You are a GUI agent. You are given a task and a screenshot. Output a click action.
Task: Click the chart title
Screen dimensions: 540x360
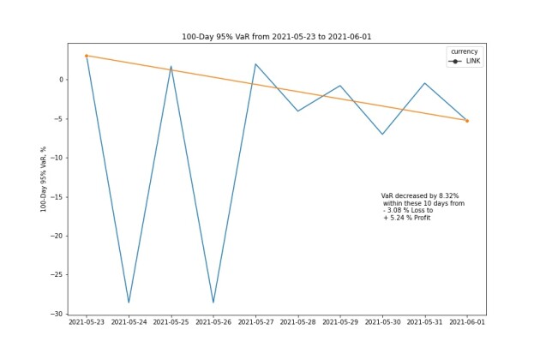[277, 37]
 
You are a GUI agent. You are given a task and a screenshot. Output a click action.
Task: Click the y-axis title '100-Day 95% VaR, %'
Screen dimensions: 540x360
[44, 179]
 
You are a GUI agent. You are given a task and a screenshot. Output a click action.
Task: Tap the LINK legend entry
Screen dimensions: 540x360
[465, 62]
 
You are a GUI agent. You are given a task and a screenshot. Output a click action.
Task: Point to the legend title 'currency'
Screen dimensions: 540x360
[465, 51]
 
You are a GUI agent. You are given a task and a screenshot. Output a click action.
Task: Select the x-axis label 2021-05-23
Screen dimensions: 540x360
[87, 322]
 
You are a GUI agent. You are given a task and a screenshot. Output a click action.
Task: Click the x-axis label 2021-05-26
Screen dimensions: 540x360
[213, 322]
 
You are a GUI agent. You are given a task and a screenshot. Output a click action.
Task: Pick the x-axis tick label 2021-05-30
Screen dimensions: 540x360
[382, 322]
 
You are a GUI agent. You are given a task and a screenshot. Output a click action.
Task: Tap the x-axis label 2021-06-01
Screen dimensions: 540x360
[467, 322]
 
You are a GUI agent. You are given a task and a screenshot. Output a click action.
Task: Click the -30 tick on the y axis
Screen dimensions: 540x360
[57, 314]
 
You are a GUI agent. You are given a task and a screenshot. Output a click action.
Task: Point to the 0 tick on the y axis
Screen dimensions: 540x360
[62, 80]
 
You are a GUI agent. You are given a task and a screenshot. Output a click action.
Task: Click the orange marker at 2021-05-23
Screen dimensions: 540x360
[87, 56]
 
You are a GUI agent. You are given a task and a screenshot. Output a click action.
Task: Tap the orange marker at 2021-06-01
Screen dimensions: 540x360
[467, 121]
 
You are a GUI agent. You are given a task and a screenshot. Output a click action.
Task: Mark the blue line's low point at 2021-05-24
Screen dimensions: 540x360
[129, 303]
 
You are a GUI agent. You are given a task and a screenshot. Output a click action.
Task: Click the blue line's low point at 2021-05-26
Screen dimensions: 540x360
[213, 303]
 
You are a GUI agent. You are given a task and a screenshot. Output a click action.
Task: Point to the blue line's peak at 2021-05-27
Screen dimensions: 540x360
[255, 64]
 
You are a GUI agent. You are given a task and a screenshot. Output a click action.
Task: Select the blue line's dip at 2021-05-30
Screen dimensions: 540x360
[382, 134]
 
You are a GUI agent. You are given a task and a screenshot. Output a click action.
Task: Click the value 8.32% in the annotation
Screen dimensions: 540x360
[449, 196]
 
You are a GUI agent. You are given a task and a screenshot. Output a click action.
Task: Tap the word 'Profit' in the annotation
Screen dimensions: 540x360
[422, 218]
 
